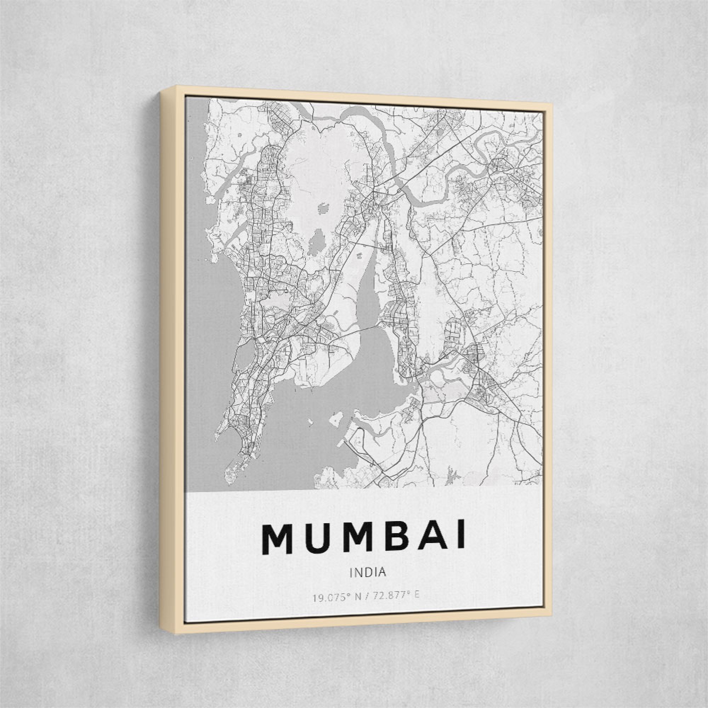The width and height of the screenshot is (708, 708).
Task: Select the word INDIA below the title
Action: click(368, 572)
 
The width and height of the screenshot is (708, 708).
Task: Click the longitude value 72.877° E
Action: click(396, 597)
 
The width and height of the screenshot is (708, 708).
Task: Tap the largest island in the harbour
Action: click(336, 417)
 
